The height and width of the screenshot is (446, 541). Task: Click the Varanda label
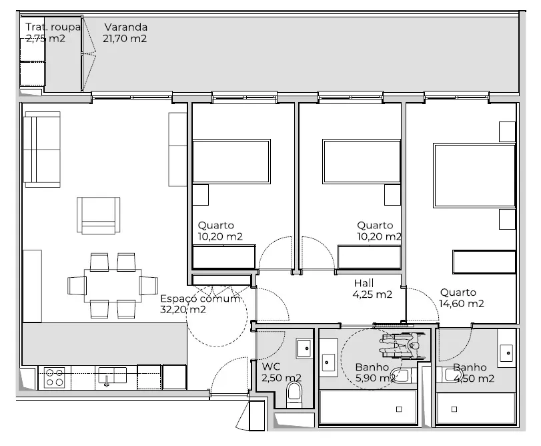(126, 27)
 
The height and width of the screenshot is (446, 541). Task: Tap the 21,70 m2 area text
(125, 38)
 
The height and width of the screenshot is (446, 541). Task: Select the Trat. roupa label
(53, 27)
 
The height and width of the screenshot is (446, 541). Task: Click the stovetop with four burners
(55, 377)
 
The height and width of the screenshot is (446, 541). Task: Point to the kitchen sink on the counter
(113, 376)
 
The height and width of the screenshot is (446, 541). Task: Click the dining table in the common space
(113, 286)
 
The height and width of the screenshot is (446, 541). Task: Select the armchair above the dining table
(98, 216)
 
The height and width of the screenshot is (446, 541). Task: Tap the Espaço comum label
(200, 298)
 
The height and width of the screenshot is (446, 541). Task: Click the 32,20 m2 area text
(183, 309)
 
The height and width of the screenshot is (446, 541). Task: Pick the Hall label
(364, 283)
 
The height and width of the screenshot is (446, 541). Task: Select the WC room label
(272, 367)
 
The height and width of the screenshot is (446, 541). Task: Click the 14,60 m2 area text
(462, 304)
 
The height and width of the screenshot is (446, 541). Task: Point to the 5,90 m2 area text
(376, 378)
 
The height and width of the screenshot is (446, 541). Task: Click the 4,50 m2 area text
(474, 379)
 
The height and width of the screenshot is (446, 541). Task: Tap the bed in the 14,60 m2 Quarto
(474, 176)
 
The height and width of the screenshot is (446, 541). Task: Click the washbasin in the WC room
(304, 349)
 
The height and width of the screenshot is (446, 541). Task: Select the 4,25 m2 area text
(372, 294)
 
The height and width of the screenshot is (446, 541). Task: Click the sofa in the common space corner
(42, 149)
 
